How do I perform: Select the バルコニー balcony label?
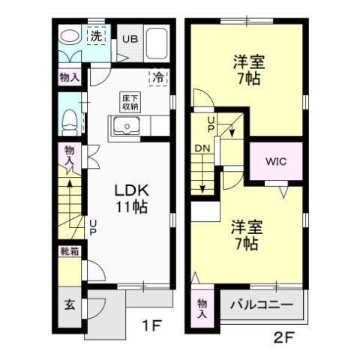pyautogui.click(x=260, y=306)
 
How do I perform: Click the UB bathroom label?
pyautogui.click(x=130, y=39)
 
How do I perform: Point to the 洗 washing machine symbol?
pyautogui.click(x=97, y=35)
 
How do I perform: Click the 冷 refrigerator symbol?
pyautogui.click(x=159, y=76)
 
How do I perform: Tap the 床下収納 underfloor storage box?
pyautogui.click(x=130, y=102)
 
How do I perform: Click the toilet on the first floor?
pyautogui.click(x=69, y=119)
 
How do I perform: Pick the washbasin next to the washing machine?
pyautogui.click(x=69, y=37)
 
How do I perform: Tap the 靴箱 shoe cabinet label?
pyautogui.click(x=69, y=253)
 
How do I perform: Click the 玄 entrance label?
pyautogui.click(x=68, y=305)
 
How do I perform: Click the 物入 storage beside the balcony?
pyautogui.click(x=202, y=307)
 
